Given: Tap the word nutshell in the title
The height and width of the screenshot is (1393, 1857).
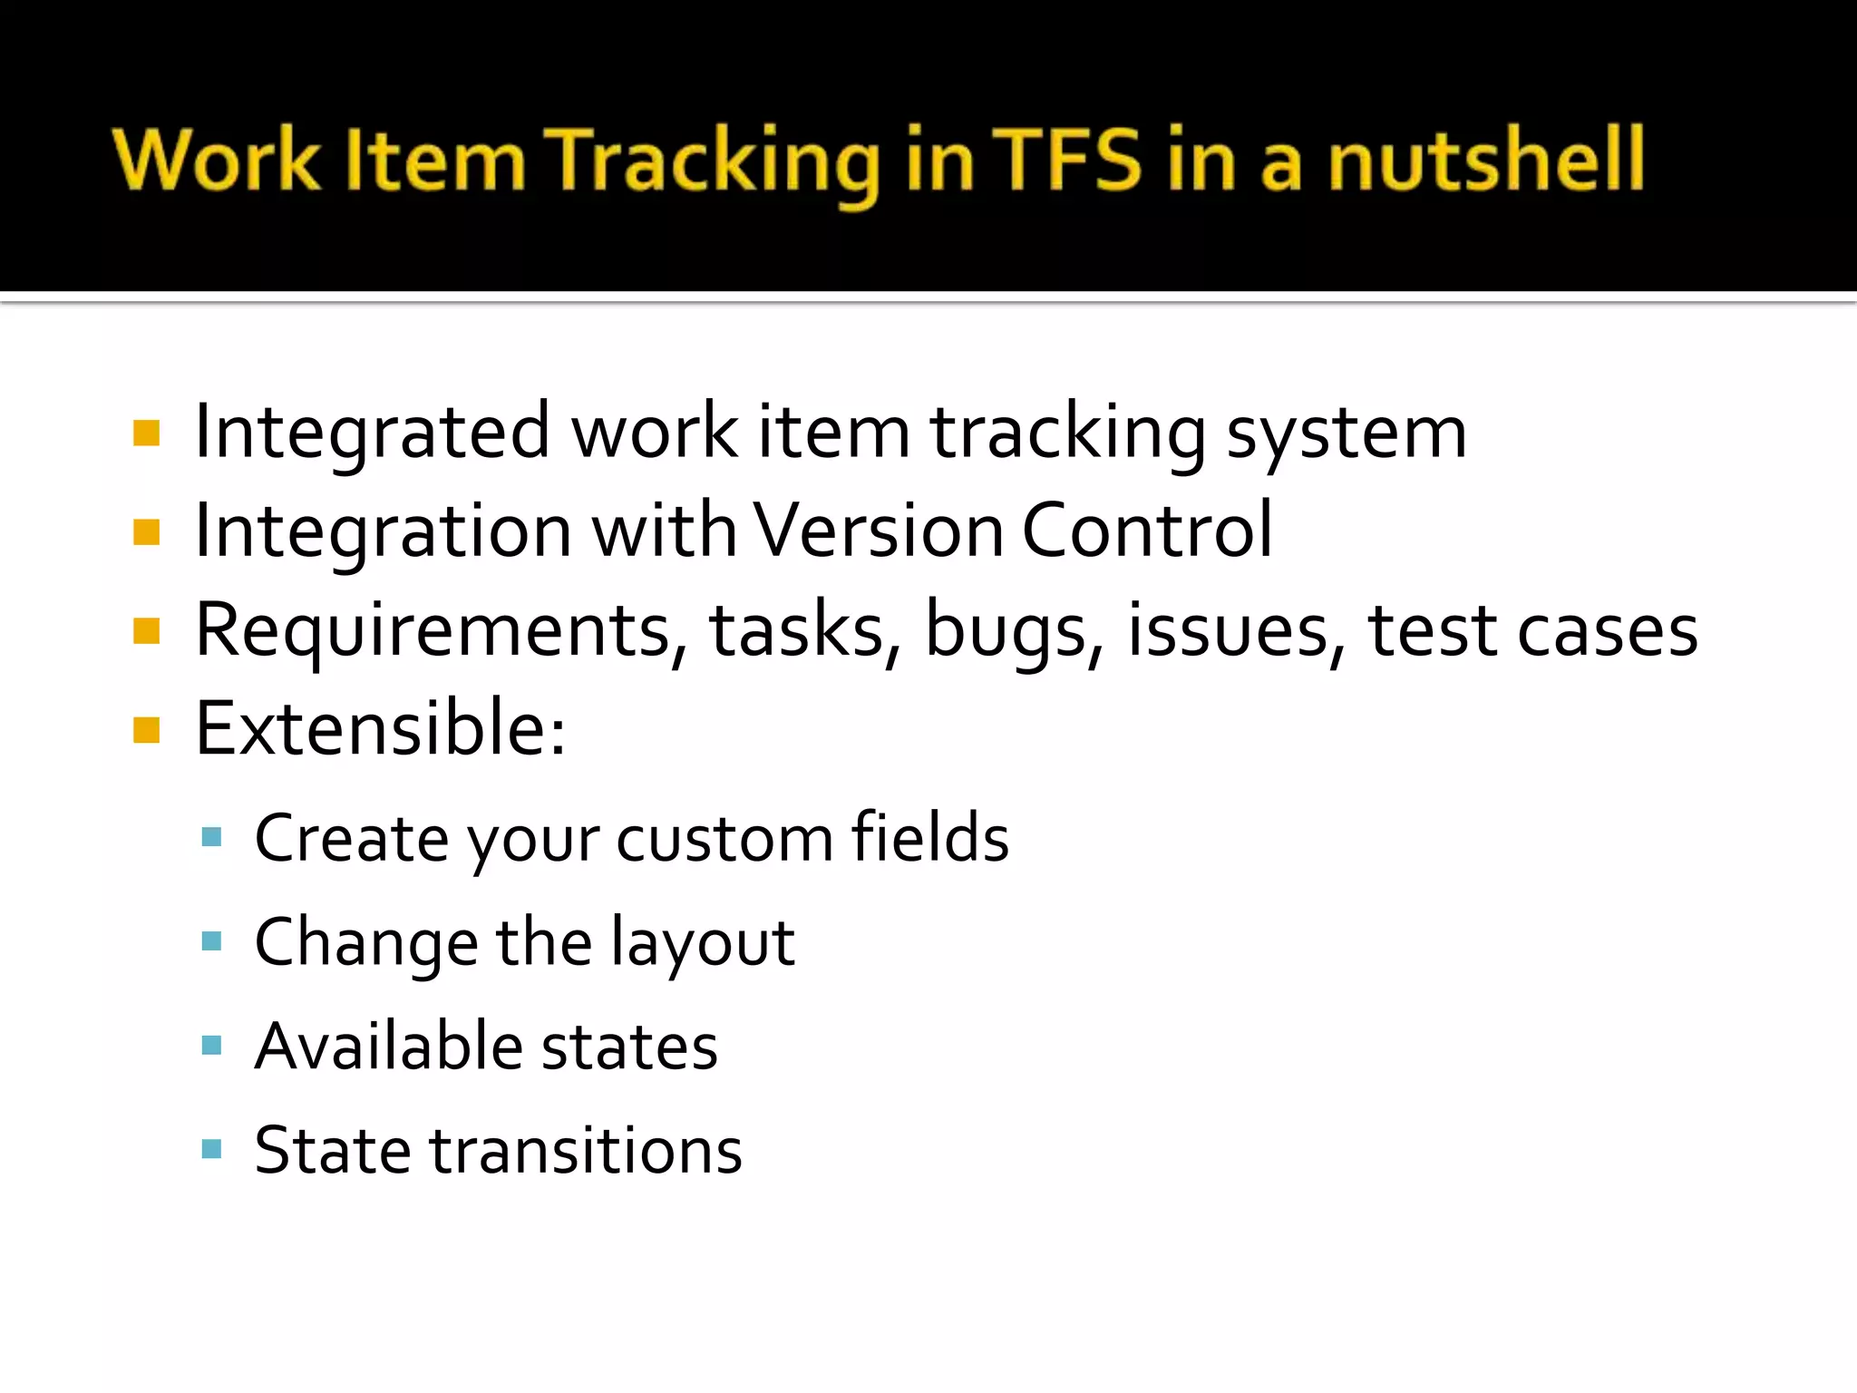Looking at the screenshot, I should click(1487, 160).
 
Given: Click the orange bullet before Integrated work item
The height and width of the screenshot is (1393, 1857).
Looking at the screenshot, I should click(146, 433).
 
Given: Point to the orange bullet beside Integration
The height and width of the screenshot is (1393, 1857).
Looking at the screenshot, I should click(146, 532).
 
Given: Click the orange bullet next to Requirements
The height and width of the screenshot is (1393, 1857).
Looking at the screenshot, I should click(146, 630).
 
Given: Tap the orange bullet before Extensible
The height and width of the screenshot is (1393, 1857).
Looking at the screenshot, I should click(146, 729).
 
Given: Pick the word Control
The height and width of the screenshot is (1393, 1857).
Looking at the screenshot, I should click(1147, 531).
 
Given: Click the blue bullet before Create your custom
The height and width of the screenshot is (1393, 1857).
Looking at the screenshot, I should click(212, 837).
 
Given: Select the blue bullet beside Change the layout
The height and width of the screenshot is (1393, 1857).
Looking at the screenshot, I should click(212, 941).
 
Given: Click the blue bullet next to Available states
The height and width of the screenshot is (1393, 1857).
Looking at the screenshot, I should click(212, 1046).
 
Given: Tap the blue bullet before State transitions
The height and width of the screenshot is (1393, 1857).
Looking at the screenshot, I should click(212, 1150).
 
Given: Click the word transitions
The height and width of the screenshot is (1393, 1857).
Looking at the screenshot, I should click(586, 1150).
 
